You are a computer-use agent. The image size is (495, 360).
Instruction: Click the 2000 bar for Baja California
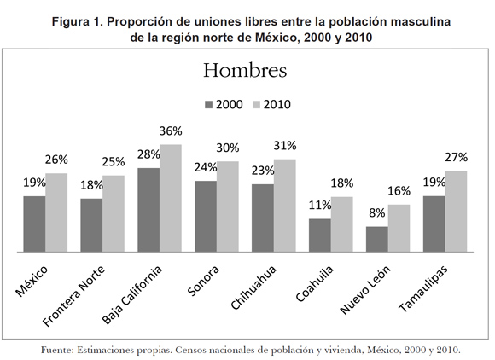pyautogui.click(x=148, y=210)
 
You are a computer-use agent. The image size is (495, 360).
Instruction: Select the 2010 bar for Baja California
pyautogui.click(x=171, y=198)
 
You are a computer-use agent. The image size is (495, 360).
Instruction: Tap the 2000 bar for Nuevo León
pyautogui.click(x=377, y=239)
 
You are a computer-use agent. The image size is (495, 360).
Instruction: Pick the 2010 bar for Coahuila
pyautogui.click(x=342, y=224)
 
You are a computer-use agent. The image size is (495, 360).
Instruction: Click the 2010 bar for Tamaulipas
pyautogui.click(x=456, y=212)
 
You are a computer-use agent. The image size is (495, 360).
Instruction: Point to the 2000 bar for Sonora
pyautogui.click(x=206, y=217)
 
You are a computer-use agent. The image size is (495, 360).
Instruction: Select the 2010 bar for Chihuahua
pyautogui.click(x=285, y=206)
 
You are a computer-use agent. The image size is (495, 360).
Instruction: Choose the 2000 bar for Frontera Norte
pyautogui.click(x=91, y=225)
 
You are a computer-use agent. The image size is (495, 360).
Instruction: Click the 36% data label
pyautogui.click(x=171, y=131)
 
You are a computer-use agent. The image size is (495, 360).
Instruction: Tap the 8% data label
pyautogui.click(x=377, y=213)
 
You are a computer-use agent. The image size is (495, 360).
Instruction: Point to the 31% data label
pyautogui.click(x=285, y=146)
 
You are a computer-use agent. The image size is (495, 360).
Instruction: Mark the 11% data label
pyautogui.click(x=320, y=205)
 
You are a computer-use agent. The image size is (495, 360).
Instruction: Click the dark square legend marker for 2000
pyautogui.click(x=209, y=105)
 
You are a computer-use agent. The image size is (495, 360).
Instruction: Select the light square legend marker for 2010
pyautogui.click(x=257, y=105)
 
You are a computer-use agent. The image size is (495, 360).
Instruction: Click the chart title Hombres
pyautogui.click(x=245, y=70)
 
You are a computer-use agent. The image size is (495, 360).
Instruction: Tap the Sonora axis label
pyautogui.click(x=203, y=281)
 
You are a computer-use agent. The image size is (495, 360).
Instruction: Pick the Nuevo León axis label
pyautogui.click(x=365, y=290)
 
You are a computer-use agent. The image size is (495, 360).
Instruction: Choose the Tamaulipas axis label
pyautogui.click(x=423, y=288)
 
